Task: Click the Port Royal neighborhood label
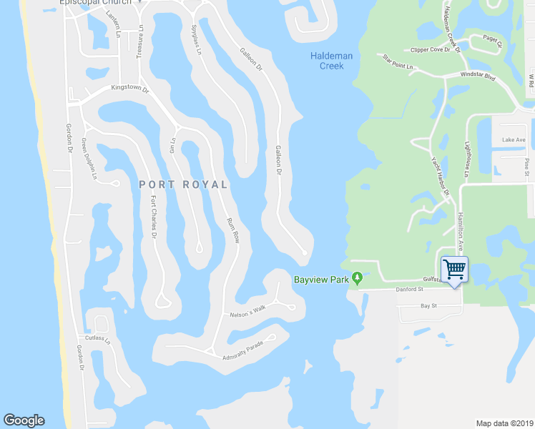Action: (183, 184)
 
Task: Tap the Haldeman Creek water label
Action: (327, 61)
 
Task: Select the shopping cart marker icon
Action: (454, 270)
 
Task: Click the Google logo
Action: (24, 420)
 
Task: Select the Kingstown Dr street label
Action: (129, 89)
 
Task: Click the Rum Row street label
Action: (232, 230)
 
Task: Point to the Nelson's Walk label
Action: (247, 308)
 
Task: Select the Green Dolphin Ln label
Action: (89, 158)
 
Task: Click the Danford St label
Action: (411, 290)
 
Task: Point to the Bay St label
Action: (428, 305)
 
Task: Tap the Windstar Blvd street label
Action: (478, 75)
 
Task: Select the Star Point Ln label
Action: (398, 62)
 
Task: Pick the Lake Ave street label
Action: (514, 139)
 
